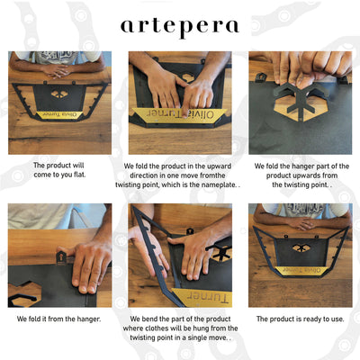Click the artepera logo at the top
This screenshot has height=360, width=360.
(x=180, y=28)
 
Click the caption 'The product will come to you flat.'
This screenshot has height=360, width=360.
(x=59, y=170)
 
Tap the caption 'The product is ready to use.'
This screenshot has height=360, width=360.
(x=300, y=319)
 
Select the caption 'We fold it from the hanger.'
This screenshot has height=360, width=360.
(x=58, y=319)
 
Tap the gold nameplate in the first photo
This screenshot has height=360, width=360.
(x=59, y=115)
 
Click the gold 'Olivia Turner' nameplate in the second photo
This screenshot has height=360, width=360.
(x=179, y=114)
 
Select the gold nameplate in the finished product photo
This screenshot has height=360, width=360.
(x=301, y=271)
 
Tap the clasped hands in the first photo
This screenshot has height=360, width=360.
(x=58, y=71)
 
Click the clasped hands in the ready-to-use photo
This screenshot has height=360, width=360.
(x=301, y=223)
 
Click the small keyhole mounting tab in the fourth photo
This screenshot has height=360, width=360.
(x=61, y=258)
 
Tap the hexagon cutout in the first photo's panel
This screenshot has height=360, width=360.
(x=59, y=94)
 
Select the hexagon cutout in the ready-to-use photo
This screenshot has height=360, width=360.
(x=300, y=247)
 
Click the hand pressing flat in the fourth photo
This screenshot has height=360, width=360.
(x=89, y=267)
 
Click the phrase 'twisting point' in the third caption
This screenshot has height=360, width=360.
(x=300, y=184)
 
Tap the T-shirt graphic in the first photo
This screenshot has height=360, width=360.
(x=58, y=57)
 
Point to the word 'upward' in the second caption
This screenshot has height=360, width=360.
(x=220, y=166)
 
